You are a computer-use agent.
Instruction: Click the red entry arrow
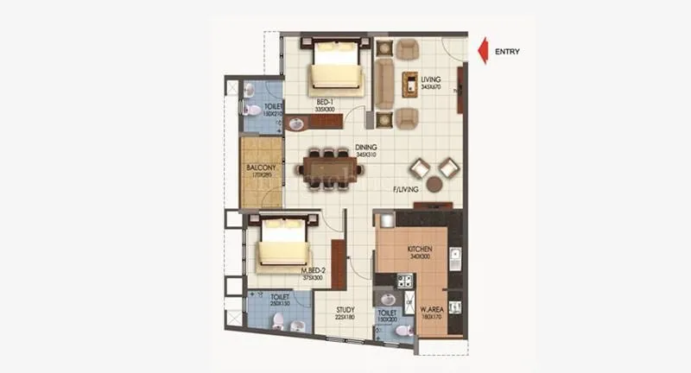click(485, 50)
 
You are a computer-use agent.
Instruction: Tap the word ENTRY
click(507, 51)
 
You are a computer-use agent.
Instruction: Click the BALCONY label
click(260, 168)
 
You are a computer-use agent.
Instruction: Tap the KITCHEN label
click(420, 249)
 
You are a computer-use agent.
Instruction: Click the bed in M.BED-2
click(282, 243)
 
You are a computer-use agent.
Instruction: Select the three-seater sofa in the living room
click(384, 82)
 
